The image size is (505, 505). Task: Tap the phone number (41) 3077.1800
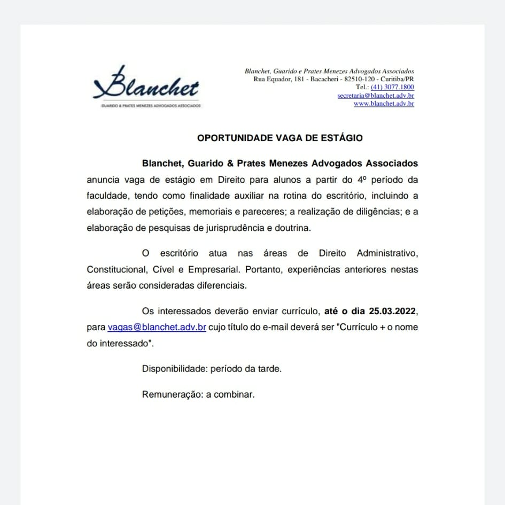click(x=392, y=87)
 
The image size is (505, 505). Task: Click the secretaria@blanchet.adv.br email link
click(x=376, y=96)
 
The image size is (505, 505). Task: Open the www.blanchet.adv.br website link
click(x=384, y=104)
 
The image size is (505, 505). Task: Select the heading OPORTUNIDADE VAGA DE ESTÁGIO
click(x=280, y=138)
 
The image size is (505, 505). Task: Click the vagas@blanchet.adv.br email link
click(x=157, y=327)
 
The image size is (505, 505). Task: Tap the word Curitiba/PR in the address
click(x=397, y=79)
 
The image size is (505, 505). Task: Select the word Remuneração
click(x=172, y=395)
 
